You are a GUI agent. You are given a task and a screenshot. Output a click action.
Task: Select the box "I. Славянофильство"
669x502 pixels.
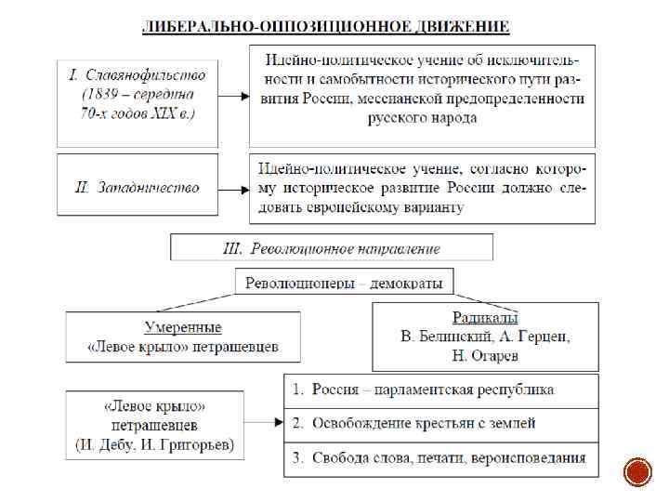click(138, 94)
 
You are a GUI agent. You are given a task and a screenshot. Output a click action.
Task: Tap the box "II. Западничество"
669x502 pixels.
click(138, 188)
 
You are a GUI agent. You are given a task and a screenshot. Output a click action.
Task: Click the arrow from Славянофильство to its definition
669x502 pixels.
click(234, 95)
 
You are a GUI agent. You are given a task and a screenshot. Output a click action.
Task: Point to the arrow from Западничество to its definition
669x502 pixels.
click(234, 188)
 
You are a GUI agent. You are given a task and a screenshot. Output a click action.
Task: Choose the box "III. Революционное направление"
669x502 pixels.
click(332, 248)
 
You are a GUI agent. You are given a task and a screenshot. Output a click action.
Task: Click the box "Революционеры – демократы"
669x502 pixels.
click(344, 283)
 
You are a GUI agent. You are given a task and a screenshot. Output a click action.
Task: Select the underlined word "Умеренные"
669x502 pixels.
click(183, 327)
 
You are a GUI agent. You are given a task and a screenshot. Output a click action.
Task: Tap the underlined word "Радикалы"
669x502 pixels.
click(485, 317)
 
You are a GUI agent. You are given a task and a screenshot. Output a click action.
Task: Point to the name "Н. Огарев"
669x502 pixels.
click(485, 356)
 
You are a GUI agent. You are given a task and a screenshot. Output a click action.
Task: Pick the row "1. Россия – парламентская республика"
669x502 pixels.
click(440, 390)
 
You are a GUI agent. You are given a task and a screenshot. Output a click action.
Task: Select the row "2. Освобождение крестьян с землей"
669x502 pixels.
click(440, 423)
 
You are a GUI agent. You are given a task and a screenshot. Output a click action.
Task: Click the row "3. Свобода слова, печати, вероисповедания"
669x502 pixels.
click(440, 457)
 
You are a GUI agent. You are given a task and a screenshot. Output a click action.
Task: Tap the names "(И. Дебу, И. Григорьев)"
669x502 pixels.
click(155, 445)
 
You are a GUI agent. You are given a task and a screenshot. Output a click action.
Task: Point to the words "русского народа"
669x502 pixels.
click(422, 118)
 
